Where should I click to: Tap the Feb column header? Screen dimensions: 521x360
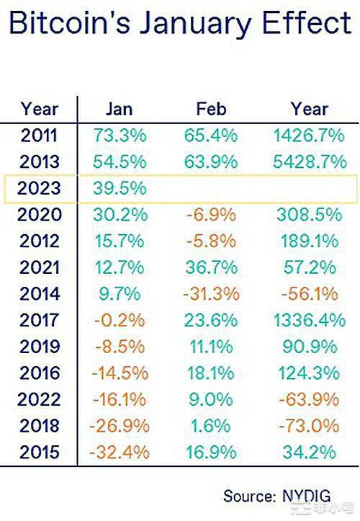(x=211, y=109)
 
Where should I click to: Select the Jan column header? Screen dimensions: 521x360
(x=119, y=109)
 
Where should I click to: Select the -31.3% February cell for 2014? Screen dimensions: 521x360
(x=211, y=294)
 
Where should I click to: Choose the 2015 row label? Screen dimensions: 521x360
(x=39, y=453)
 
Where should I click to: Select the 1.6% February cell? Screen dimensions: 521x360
(x=211, y=426)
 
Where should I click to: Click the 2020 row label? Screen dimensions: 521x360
(x=39, y=215)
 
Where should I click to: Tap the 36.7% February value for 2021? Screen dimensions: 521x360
(x=211, y=267)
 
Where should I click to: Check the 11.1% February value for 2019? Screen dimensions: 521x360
(x=211, y=347)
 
